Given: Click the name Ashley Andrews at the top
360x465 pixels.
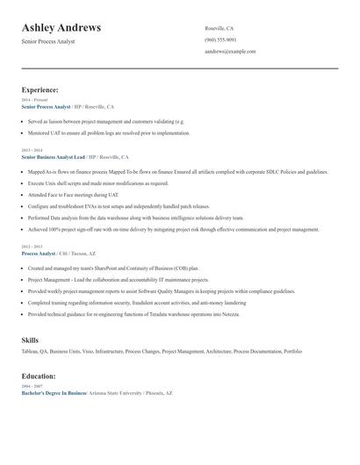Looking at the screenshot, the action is [61, 28].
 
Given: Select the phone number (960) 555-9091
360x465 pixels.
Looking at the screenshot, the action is [220, 39].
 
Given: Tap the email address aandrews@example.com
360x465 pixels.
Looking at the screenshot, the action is [230, 52].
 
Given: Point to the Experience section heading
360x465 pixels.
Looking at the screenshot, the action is [40, 89].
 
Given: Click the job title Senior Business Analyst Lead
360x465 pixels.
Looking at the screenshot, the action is [54, 156].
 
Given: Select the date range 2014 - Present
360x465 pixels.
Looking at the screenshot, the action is [34, 100].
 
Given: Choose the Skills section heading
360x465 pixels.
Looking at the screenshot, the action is [30, 339].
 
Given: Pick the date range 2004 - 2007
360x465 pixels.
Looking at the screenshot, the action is [31, 386].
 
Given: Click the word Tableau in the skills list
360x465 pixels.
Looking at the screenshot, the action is [31, 351].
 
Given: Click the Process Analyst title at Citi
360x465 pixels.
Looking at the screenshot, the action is [38, 254].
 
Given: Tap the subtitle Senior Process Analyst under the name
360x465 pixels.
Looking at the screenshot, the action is [48, 41].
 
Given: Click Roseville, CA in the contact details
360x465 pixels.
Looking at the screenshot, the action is [220, 28].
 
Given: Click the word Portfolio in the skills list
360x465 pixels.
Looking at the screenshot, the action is [292, 351].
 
